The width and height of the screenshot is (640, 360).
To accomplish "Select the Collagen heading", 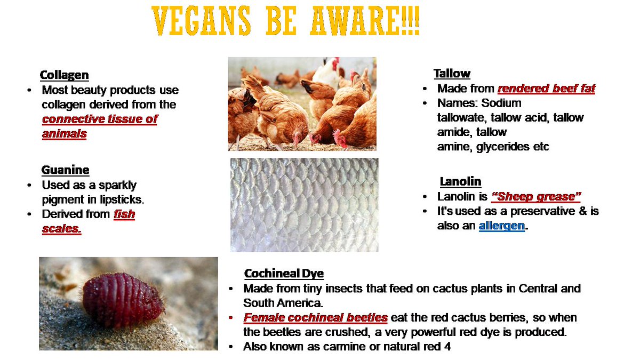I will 65,75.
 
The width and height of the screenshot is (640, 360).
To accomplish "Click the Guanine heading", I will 65,170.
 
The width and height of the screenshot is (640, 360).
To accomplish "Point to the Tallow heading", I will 452,74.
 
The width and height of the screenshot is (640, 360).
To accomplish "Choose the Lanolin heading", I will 461,181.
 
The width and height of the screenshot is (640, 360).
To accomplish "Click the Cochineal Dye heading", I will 284,274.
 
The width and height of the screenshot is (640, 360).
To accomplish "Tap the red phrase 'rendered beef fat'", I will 546,89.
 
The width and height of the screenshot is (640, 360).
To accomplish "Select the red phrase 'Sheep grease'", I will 536,197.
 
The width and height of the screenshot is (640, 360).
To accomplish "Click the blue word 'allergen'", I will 502,226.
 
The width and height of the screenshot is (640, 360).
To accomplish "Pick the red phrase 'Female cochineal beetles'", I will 316,318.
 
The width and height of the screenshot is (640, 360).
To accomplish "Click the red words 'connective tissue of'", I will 100,119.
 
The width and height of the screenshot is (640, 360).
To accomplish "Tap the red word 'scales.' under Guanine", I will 61,229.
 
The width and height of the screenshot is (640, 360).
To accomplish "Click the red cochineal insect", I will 123,300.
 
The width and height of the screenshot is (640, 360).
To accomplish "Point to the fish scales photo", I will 304,205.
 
